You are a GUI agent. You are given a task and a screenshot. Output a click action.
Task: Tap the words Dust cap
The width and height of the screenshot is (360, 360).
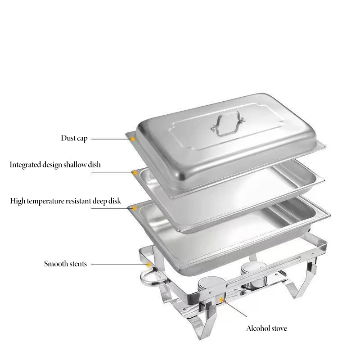(x=74, y=138)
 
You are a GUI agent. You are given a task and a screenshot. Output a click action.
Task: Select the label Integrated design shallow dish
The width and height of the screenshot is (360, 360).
(x=55, y=165)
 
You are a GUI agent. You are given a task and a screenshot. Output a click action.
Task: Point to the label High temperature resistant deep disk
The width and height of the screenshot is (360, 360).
(x=66, y=201)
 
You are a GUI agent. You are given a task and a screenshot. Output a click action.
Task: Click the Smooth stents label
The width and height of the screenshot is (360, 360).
(x=65, y=264)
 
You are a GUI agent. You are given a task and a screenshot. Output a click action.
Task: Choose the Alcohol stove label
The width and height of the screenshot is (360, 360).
(x=266, y=328)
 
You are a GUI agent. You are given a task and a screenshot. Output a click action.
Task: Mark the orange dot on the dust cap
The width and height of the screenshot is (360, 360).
(x=133, y=139)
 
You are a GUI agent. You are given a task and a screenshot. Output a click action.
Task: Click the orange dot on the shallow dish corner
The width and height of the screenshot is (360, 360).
(x=134, y=173)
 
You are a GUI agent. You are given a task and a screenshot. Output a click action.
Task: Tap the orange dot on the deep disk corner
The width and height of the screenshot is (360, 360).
(x=134, y=208)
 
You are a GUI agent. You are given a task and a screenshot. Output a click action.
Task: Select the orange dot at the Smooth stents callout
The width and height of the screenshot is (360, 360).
(x=148, y=265)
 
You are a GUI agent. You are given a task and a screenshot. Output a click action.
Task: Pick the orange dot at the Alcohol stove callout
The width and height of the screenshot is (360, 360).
(x=221, y=299)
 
